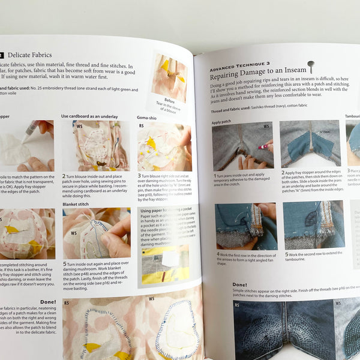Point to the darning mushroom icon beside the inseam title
coord(310,65)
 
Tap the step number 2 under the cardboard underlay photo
coord(63,176)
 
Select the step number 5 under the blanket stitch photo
coord(64,263)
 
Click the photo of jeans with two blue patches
coord(310,143)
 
